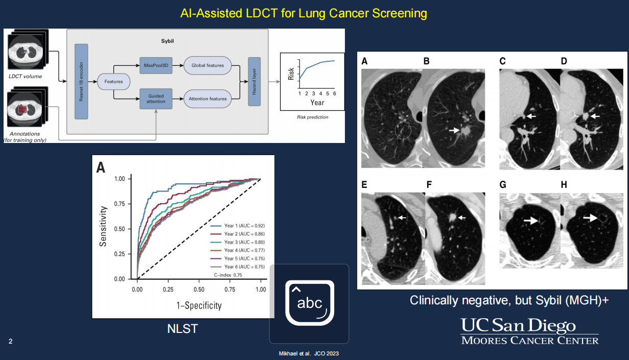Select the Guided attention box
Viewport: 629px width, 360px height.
155,98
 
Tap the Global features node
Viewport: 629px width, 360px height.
207,65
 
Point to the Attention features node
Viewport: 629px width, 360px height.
208,98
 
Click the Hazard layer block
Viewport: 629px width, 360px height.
254,82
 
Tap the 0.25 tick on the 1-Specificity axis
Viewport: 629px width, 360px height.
168,290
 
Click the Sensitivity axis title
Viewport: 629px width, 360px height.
103,226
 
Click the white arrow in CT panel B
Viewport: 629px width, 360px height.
453,131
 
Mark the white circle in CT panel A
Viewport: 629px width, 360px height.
403,131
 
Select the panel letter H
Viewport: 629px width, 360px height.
564,184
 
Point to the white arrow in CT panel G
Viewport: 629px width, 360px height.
531,221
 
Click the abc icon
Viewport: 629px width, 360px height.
309,303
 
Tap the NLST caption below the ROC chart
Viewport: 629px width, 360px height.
182,329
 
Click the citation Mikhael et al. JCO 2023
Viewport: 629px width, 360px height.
309,353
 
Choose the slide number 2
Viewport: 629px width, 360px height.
10,341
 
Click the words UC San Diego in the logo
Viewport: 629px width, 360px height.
518,326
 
